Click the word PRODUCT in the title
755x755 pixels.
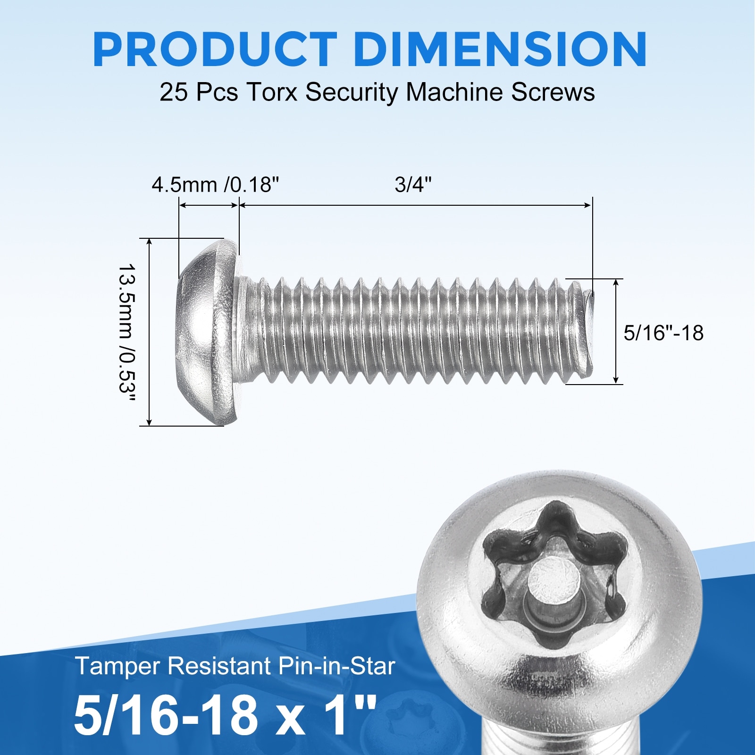[x=215, y=50]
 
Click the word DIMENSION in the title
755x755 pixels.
[x=500, y=50]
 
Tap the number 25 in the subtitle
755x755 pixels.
[x=174, y=92]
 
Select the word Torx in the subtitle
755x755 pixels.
[x=272, y=92]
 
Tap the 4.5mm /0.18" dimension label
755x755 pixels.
[x=216, y=185]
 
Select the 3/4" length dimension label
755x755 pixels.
[x=413, y=185]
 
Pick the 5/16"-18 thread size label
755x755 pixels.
[x=663, y=333]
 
